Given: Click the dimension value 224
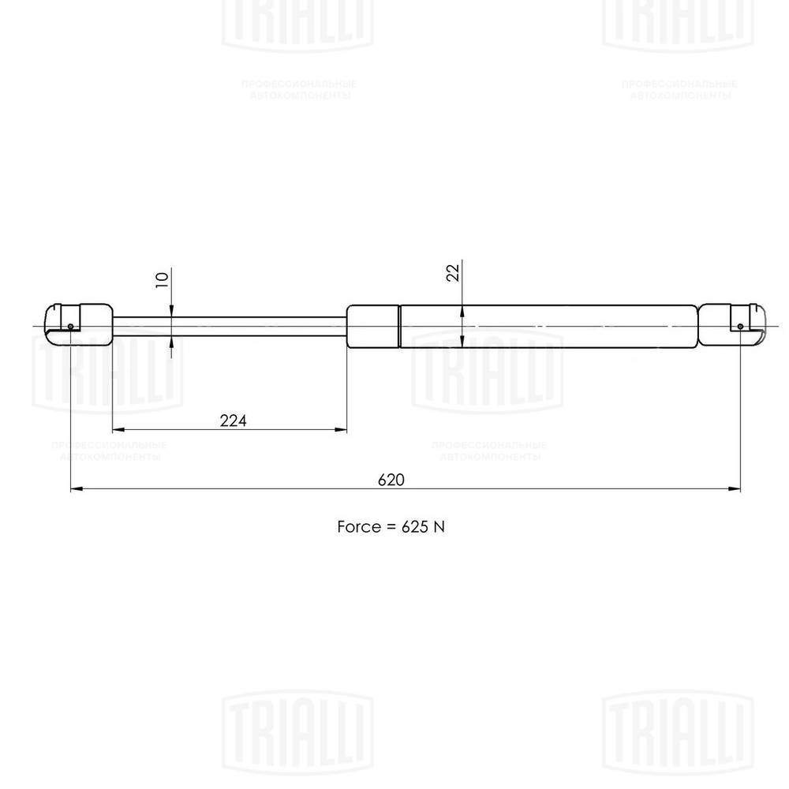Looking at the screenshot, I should pos(233,421).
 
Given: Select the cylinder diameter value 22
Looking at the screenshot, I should pos(453,273).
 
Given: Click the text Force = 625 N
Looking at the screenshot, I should pos(391,526).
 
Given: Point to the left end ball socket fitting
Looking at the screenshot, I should pos(78,323).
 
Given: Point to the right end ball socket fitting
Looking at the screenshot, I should pos(733,324).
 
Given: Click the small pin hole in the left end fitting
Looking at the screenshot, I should pos(71,328).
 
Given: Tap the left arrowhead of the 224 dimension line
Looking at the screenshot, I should pos(118,430).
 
